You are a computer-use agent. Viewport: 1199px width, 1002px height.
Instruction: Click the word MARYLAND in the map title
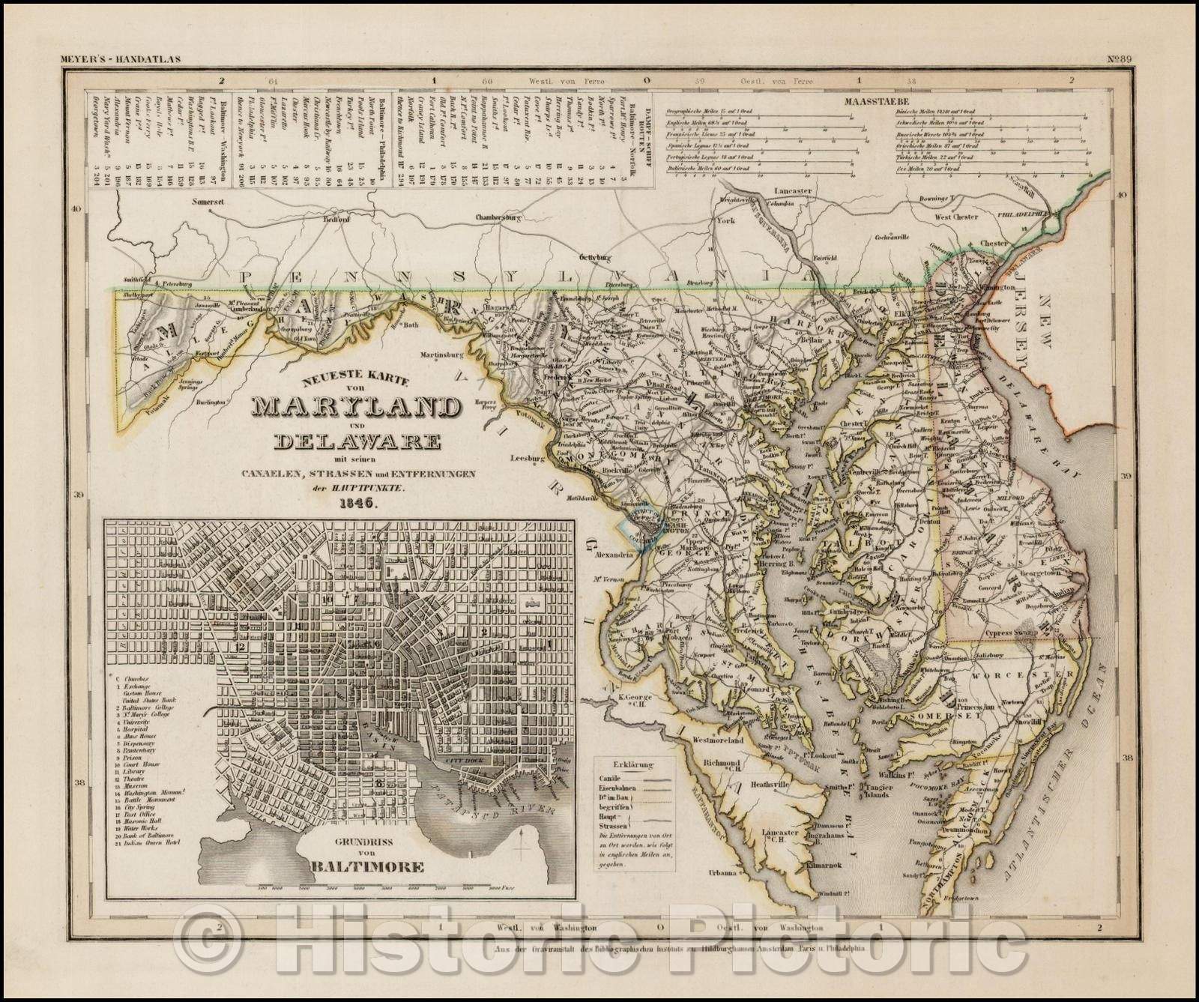[356, 407]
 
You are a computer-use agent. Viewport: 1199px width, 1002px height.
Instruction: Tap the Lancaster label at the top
[793, 191]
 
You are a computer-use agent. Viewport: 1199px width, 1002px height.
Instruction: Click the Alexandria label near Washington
[616, 557]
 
